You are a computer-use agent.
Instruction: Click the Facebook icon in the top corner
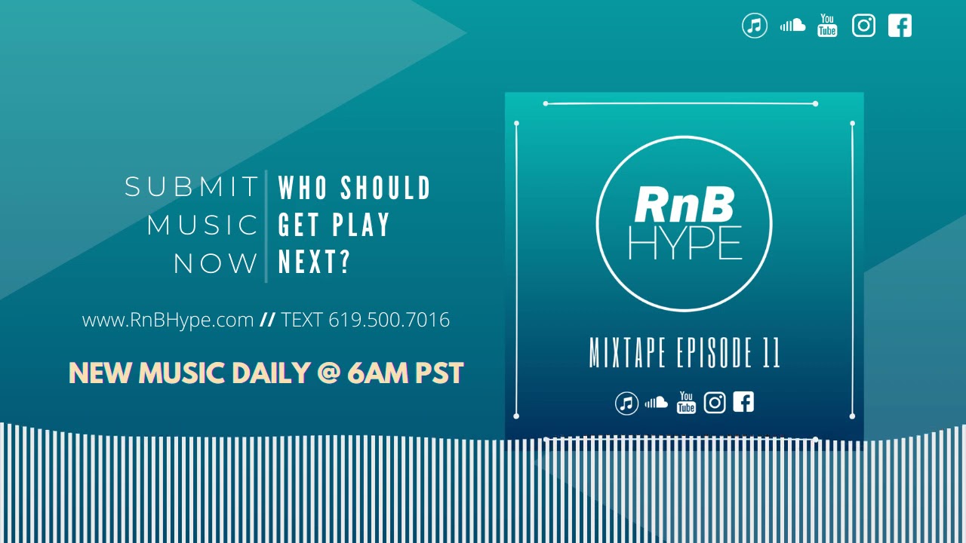point(900,26)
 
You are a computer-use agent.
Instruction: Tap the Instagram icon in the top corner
point(863,26)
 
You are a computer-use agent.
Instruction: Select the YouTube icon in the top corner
point(827,26)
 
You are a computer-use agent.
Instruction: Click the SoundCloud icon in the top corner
point(792,26)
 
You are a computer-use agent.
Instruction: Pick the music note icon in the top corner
point(755,26)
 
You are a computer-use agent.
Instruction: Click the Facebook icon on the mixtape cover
point(743,402)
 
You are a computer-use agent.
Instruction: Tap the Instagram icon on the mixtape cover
point(715,403)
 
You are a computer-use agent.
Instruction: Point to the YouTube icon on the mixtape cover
point(686,403)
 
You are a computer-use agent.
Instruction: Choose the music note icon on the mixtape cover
point(626,403)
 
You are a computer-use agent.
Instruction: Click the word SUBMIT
point(192,187)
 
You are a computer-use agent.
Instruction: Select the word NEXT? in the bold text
point(315,262)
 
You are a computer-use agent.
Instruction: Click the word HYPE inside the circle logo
point(685,243)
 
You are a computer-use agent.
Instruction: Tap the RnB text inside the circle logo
point(684,204)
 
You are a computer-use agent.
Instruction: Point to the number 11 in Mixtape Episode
point(771,353)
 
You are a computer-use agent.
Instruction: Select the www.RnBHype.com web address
point(168,320)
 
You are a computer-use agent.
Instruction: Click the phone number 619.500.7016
point(389,320)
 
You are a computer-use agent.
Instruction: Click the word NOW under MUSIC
point(216,264)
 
